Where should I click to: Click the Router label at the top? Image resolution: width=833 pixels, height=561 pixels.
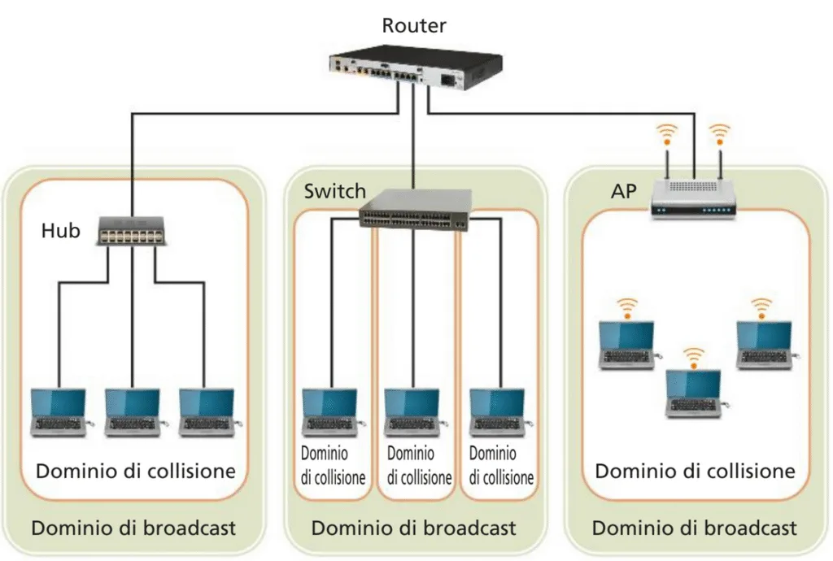(414, 25)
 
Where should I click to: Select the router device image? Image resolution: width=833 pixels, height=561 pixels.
(415, 71)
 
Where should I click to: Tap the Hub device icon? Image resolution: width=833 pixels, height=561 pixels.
(131, 231)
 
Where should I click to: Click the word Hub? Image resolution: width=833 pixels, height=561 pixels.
(61, 231)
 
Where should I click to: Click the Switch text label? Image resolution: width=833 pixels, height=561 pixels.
(335, 192)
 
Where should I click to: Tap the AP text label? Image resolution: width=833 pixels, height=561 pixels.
(624, 193)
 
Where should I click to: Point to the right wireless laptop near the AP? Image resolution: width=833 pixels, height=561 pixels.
(764, 346)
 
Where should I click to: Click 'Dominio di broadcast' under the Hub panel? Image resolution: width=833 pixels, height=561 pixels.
(133, 528)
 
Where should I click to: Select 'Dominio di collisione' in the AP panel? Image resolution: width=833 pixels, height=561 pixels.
(695, 472)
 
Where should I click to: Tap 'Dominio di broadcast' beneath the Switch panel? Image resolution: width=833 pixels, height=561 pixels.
(413, 528)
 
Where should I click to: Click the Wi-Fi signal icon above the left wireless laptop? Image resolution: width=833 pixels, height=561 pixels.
(626, 307)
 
